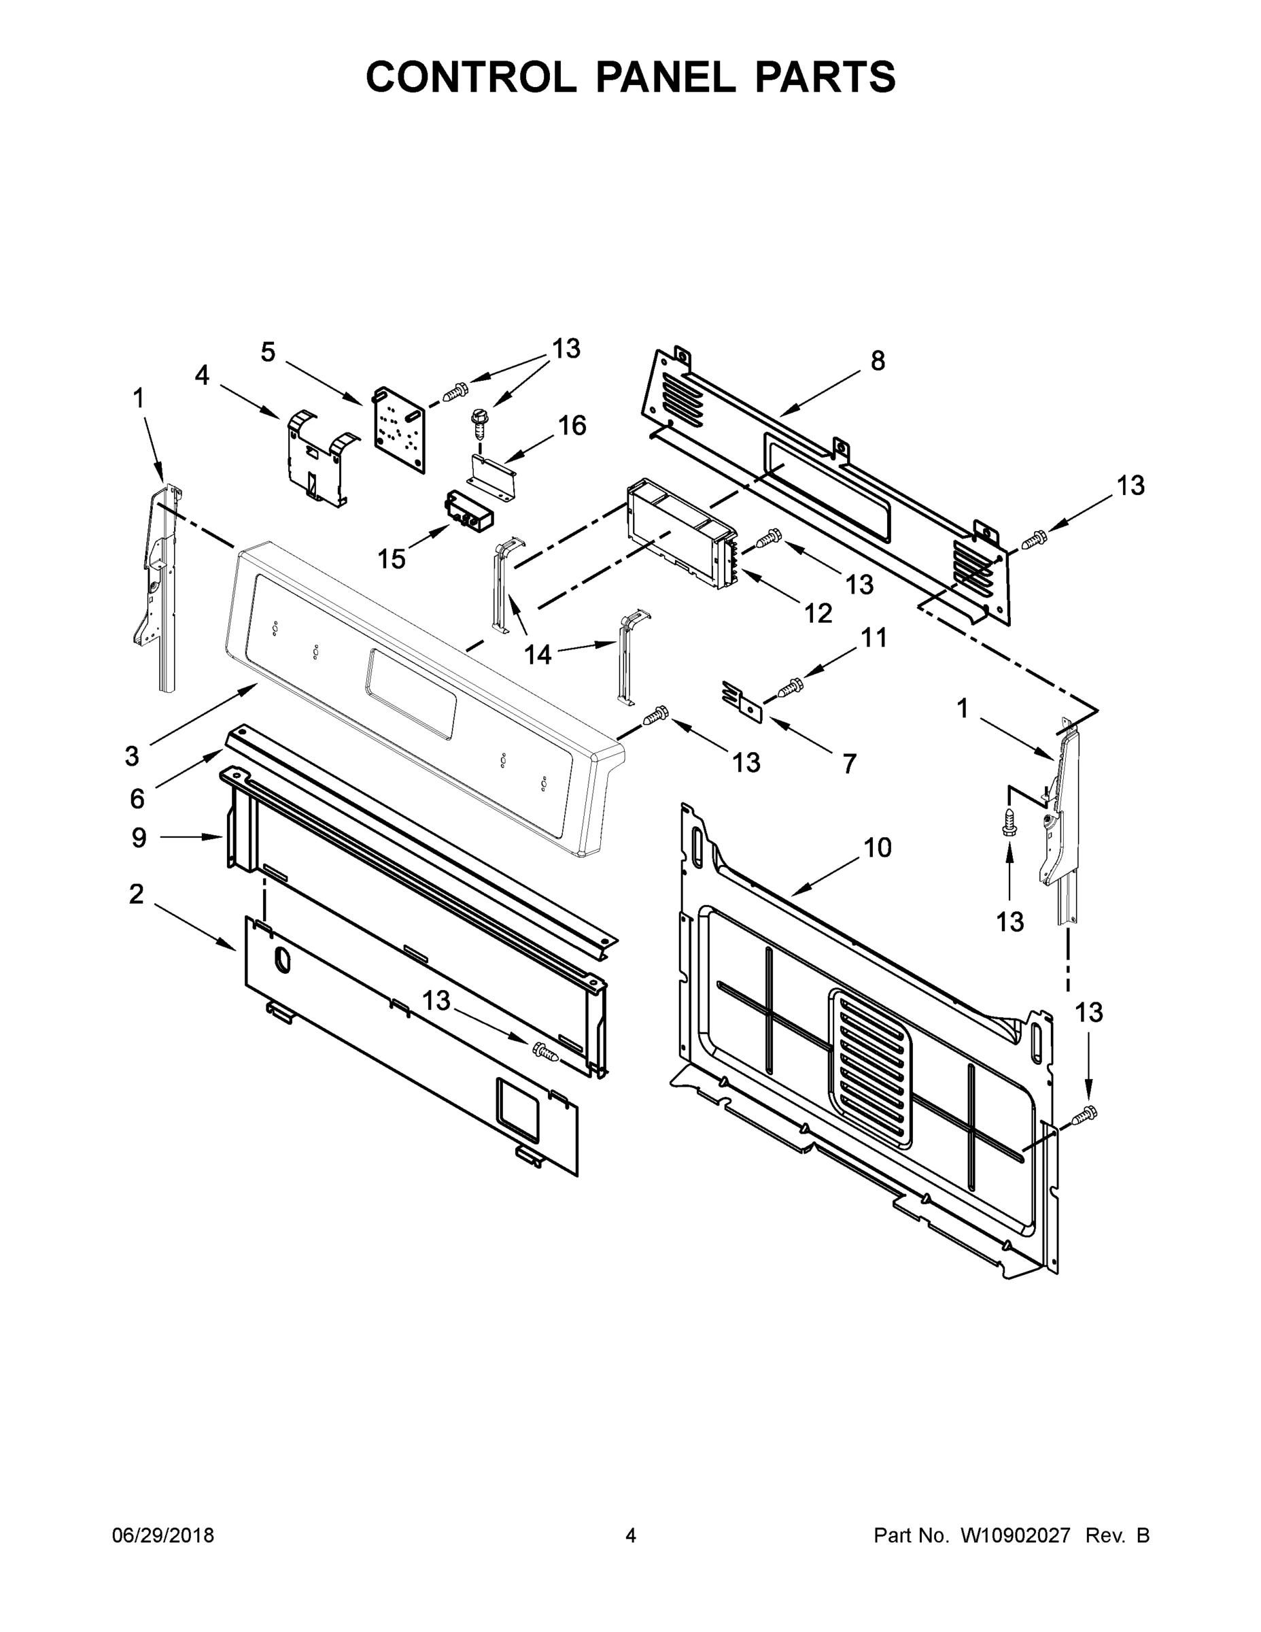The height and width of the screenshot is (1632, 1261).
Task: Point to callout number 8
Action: pos(878,361)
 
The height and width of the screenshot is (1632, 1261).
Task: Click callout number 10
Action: pos(878,847)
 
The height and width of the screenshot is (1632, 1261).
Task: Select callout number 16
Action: pos(572,426)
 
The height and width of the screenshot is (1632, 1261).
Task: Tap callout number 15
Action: pos(392,558)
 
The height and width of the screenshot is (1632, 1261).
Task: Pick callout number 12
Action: pos(818,613)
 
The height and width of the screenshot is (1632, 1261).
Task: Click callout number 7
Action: pos(849,764)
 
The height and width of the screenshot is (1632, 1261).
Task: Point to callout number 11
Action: pos(874,637)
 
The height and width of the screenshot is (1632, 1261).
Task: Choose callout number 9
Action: pos(139,838)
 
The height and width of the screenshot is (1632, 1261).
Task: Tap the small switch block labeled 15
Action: pos(469,511)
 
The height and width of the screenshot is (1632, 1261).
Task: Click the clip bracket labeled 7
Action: pos(741,700)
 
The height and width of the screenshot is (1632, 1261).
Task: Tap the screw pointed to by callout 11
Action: pos(791,685)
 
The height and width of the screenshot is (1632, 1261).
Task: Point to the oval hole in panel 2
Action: pos(282,961)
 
